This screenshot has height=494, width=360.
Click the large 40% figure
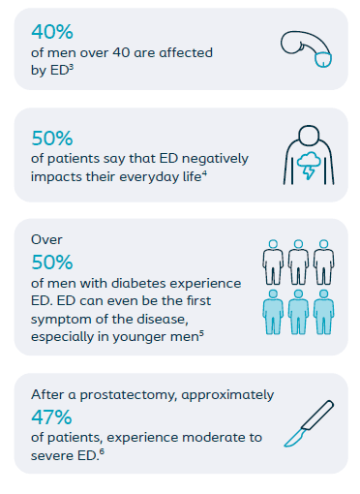click(x=52, y=32)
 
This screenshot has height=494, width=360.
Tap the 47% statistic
click(x=51, y=417)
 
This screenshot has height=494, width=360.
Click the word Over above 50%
click(x=46, y=239)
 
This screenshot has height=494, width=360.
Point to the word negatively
click(x=215, y=159)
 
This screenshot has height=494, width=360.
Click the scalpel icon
click(x=309, y=423)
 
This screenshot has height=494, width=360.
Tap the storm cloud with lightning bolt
click(x=309, y=165)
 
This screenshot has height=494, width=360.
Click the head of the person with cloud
click(x=309, y=136)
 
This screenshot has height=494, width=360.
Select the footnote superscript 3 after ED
click(x=72, y=67)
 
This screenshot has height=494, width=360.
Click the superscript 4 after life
click(x=204, y=174)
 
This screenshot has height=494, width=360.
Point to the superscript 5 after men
click(x=201, y=334)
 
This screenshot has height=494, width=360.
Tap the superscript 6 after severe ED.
click(x=102, y=451)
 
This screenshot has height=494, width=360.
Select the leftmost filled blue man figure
click(x=273, y=312)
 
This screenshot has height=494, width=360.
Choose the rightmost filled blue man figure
click(x=324, y=312)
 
